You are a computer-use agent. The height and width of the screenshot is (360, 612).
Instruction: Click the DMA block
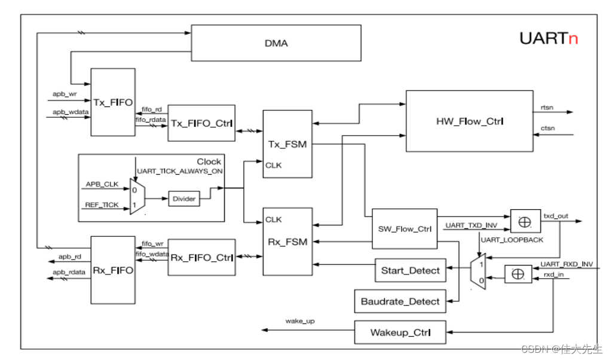click(x=276, y=43)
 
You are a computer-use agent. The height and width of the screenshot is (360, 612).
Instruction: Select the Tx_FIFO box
click(x=112, y=102)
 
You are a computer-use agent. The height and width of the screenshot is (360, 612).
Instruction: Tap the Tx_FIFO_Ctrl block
click(x=201, y=123)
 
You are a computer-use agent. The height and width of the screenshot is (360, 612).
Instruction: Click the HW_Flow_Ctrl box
click(x=469, y=121)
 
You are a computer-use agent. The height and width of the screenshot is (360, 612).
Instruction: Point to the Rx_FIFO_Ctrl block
click(x=201, y=258)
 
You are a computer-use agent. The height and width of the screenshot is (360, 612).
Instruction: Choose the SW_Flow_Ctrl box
click(x=405, y=228)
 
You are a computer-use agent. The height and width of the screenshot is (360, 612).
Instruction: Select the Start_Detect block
click(x=410, y=270)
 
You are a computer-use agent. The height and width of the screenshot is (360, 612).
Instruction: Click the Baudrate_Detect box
click(x=400, y=302)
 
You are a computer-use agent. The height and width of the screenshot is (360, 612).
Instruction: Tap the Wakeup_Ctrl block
click(x=400, y=332)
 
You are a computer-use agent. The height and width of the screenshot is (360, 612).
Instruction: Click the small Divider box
click(x=184, y=199)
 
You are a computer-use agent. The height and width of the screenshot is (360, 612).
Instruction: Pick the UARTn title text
click(x=548, y=39)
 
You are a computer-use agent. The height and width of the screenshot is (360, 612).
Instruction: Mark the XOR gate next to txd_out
click(x=525, y=221)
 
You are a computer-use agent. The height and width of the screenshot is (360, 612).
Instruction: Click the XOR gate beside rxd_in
click(x=518, y=274)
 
